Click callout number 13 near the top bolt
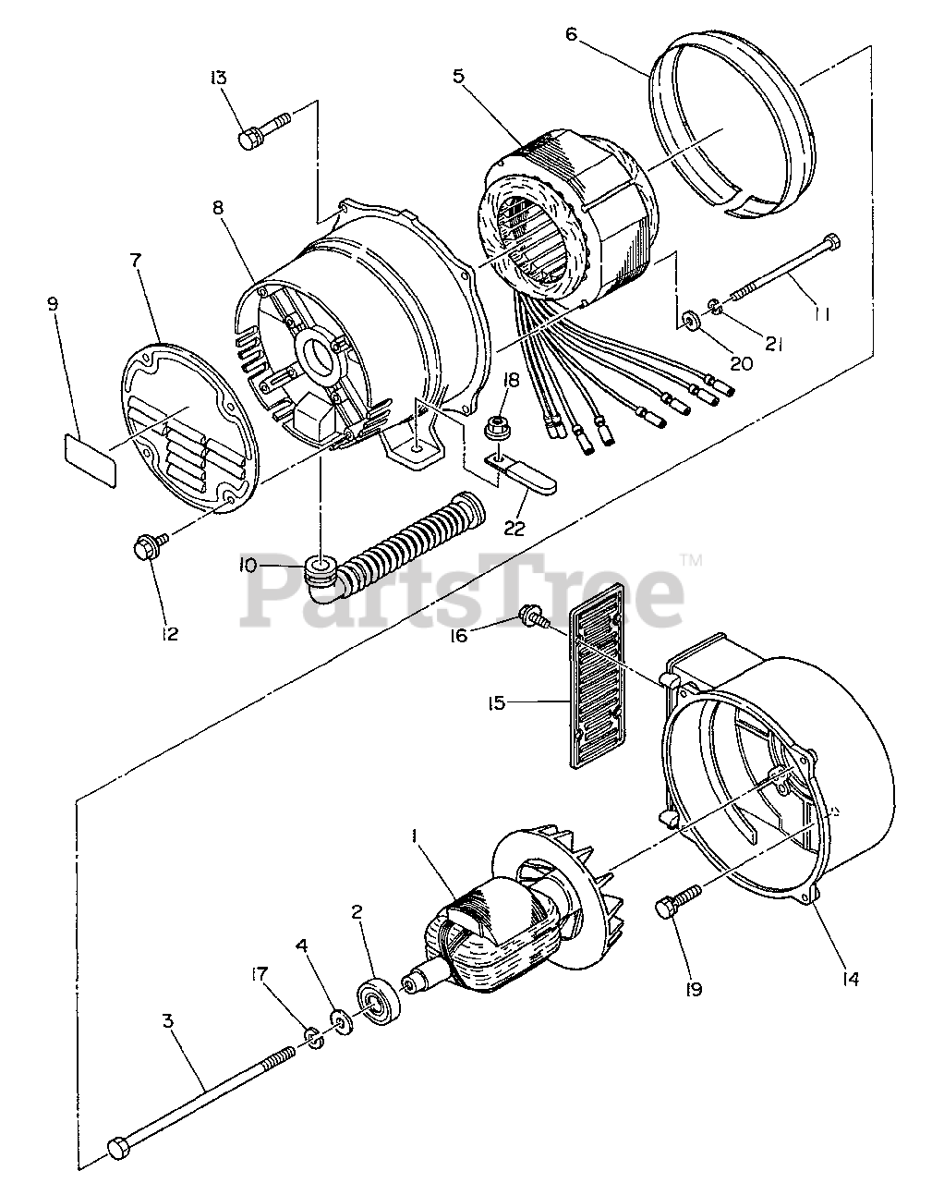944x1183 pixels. coord(218,78)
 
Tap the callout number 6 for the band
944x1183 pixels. coord(572,34)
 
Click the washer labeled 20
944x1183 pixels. coord(689,320)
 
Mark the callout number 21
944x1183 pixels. coord(773,344)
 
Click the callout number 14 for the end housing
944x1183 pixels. coord(850,979)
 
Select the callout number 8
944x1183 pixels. coord(218,207)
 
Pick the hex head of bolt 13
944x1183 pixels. coord(248,138)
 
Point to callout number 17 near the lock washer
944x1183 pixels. coord(259,974)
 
